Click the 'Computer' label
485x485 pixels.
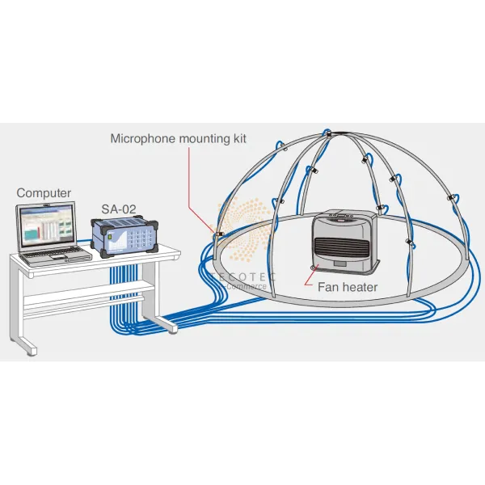pyautogui.click(x=44, y=193)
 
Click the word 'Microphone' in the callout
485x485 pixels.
pyautogui.click(x=141, y=138)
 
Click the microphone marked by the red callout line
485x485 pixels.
pyautogui.click(x=219, y=234)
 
